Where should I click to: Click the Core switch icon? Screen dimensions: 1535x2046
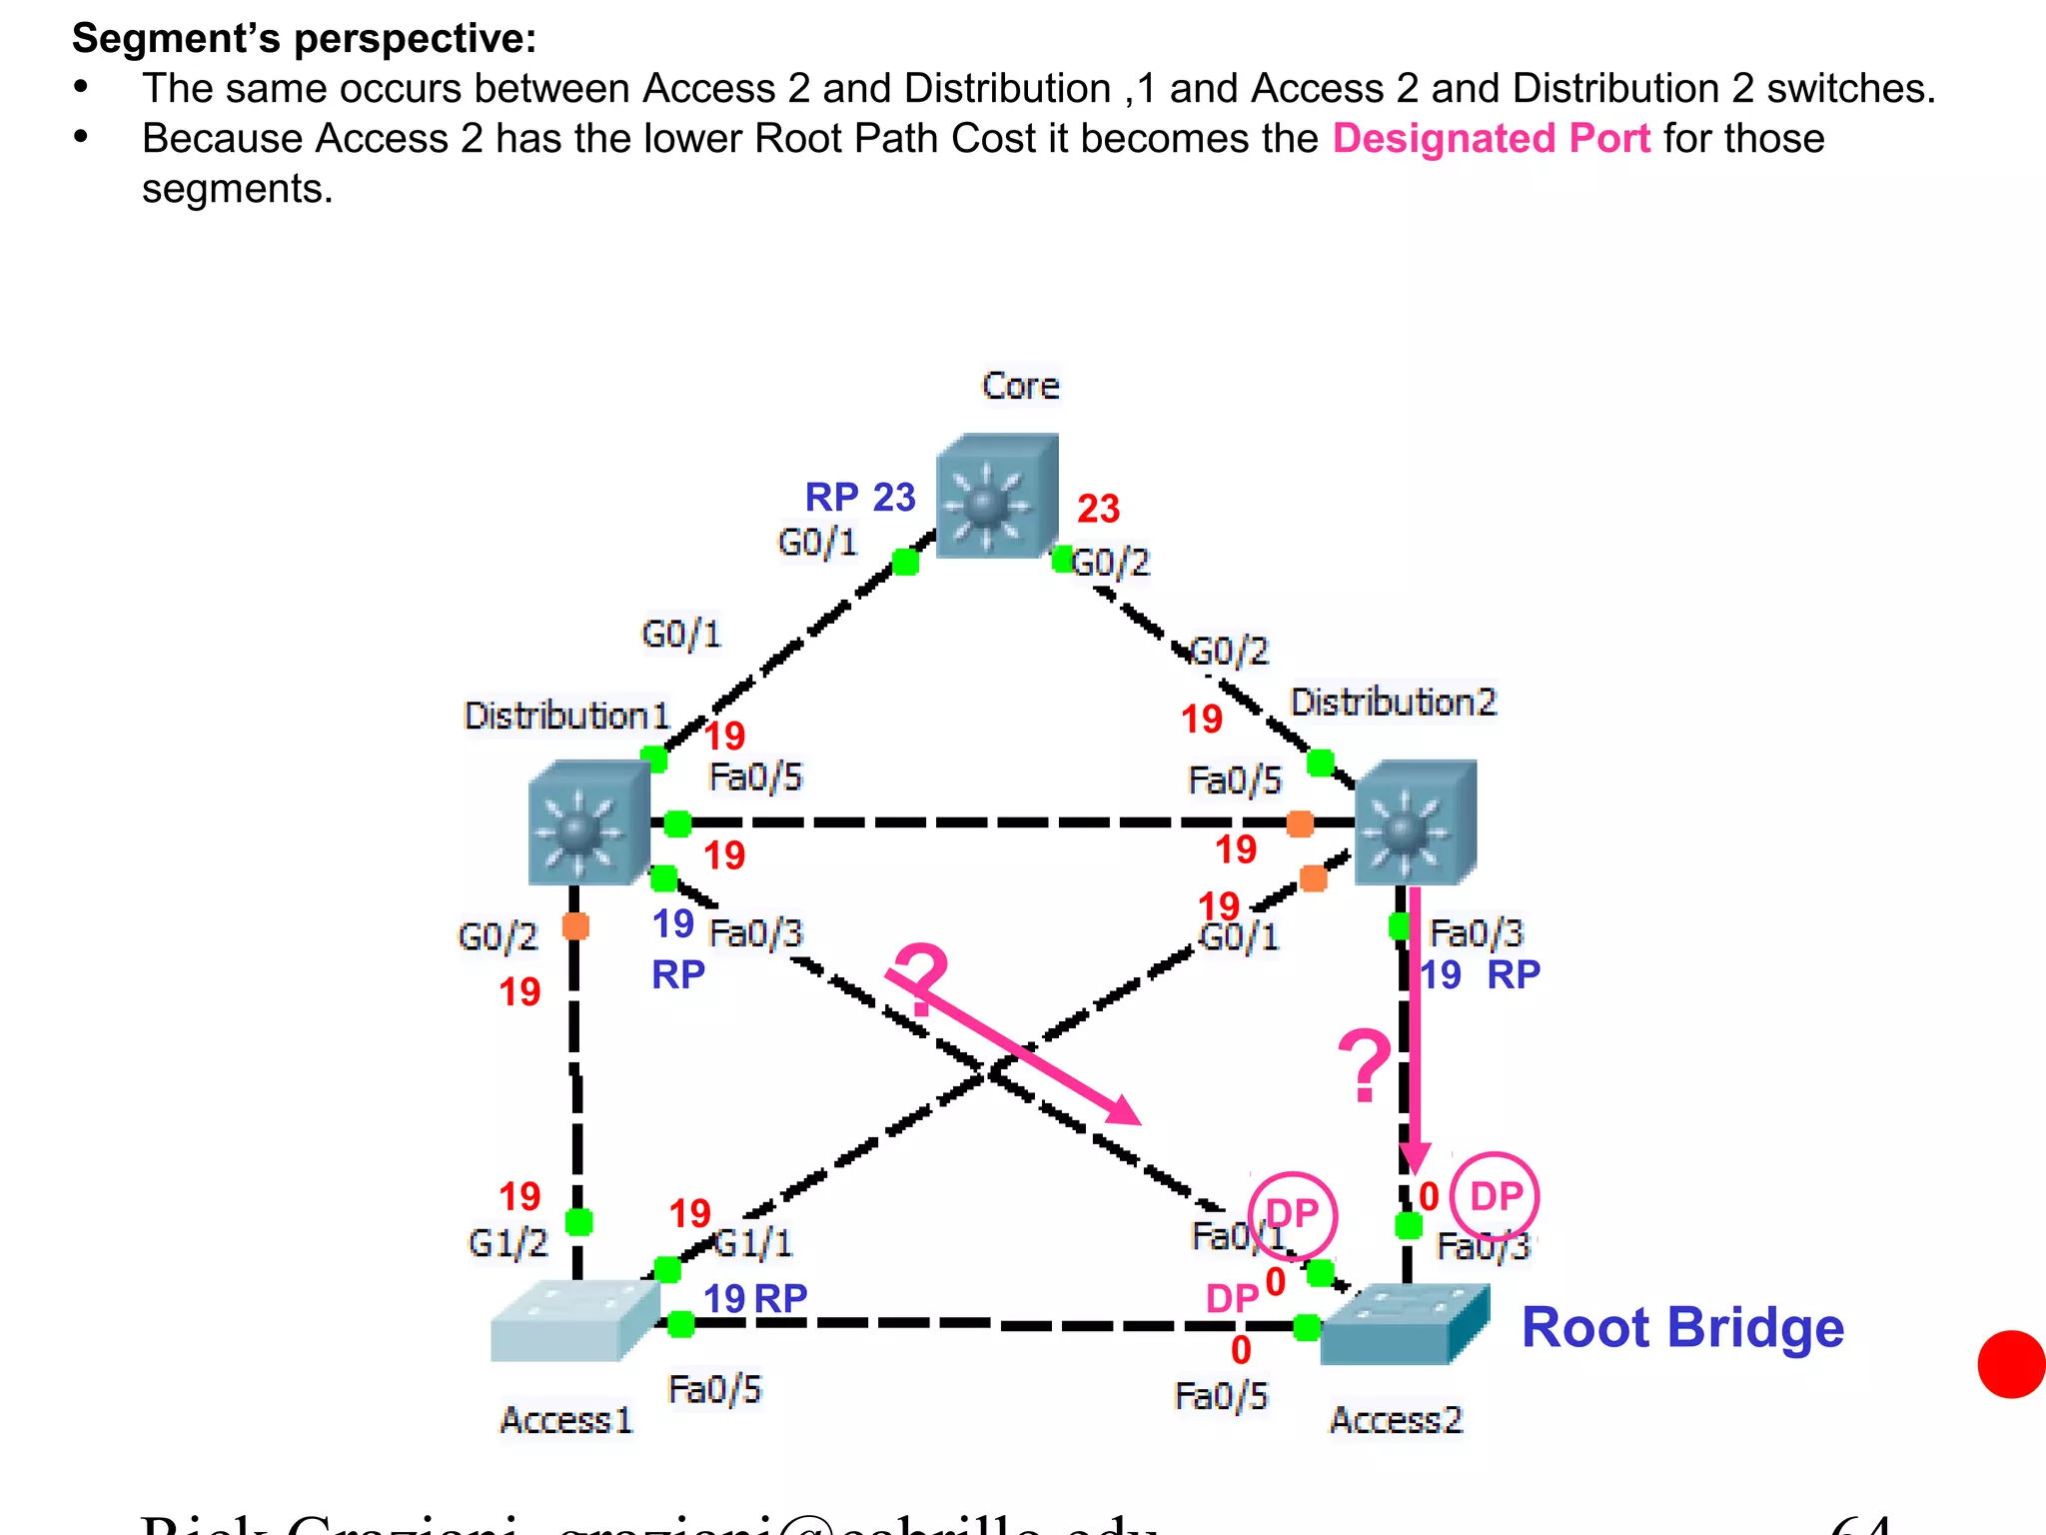(x=997, y=495)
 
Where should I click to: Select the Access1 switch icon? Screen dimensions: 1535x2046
(x=574, y=1320)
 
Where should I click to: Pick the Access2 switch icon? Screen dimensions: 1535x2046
(x=1404, y=1324)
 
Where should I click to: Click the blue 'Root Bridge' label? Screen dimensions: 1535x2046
(x=1682, y=1328)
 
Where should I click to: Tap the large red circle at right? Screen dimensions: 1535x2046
(x=2012, y=1364)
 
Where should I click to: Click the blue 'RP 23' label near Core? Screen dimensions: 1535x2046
(x=860, y=497)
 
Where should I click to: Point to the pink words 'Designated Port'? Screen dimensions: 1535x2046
(x=1491, y=138)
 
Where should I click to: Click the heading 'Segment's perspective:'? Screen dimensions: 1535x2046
(x=305, y=38)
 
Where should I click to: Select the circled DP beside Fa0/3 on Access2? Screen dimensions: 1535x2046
(x=1495, y=1196)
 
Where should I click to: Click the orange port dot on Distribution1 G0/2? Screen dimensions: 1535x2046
(x=575, y=925)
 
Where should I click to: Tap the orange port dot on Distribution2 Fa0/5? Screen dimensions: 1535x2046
(x=1300, y=823)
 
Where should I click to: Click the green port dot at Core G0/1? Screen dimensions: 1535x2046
(x=905, y=563)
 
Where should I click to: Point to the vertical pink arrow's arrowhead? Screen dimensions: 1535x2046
(x=1415, y=1159)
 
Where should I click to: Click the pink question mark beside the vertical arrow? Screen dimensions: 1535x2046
(x=1364, y=1066)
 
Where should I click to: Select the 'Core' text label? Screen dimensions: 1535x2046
(x=1020, y=386)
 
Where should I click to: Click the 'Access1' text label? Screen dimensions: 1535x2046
(x=566, y=1420)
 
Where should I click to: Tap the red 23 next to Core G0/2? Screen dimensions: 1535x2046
(x=1098, y=509)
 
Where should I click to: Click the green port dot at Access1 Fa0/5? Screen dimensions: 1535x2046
(x=680, y=1324)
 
